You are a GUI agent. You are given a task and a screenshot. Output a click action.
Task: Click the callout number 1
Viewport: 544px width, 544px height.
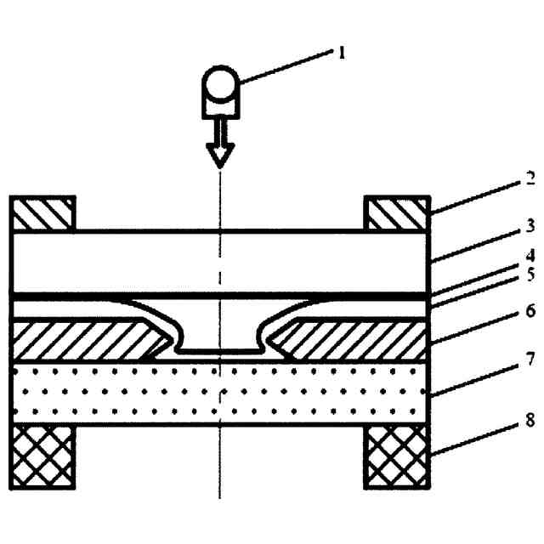tap(343, 53)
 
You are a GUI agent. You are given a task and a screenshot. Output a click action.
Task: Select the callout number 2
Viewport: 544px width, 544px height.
tap(530, 181)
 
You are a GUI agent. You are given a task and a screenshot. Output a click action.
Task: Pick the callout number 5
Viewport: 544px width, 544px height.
tap(530, 275)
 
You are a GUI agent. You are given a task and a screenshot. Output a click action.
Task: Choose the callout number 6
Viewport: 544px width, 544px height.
tap(530, 312)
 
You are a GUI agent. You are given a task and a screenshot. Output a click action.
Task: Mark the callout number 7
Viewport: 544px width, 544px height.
tap(530, 360)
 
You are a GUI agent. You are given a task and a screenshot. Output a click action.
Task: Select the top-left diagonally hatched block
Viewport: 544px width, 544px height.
tap(42, 213)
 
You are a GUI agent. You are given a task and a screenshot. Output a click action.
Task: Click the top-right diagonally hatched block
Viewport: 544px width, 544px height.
tap(397, 213)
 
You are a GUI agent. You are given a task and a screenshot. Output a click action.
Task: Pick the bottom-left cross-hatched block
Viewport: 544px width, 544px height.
tap(42, 456)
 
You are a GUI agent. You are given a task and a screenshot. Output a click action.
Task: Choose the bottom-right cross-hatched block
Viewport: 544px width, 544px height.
tap(397, 456)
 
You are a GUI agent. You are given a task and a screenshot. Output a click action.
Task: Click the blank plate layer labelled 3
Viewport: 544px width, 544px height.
tap(127, 261)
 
